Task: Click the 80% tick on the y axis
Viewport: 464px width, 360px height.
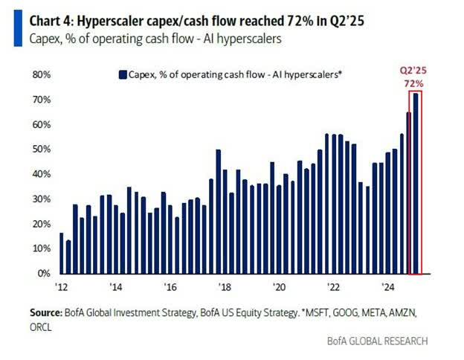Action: [x=39, y=74]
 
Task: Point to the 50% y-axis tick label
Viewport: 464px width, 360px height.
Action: [x=39, y=150]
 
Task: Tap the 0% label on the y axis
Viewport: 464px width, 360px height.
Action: [x=42, y=274]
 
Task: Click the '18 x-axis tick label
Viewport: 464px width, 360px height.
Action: [x=223, y=286]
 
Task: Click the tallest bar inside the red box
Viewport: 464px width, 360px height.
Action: [x=416, y=182]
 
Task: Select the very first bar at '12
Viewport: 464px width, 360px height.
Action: [x=61, y=253]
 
